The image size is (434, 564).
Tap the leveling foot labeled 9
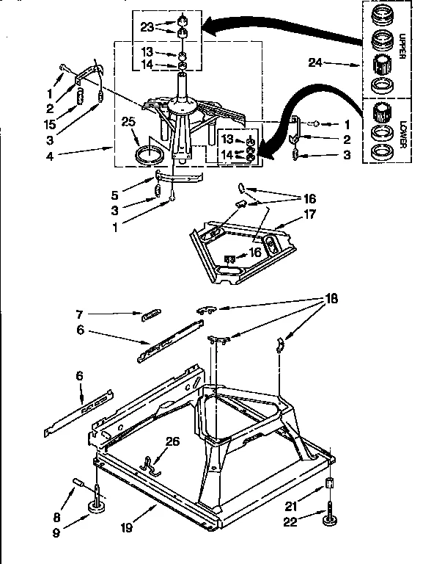(x=95, y=505)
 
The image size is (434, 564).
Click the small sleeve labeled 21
(x=330, y=485)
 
